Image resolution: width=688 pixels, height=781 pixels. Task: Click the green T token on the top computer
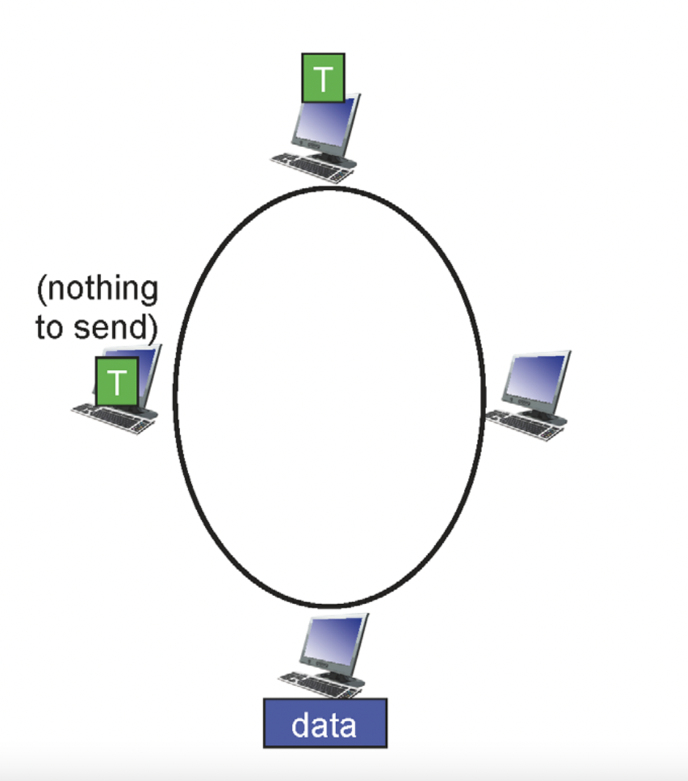[x=323, y=78]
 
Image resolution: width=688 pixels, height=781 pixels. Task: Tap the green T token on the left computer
[x=116, y=381]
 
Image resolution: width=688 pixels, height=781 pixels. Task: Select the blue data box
[x=324, y=722]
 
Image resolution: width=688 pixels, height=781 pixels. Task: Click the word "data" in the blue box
[x=324, y=724]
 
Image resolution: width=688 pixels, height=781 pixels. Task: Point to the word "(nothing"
[x=97, y=290]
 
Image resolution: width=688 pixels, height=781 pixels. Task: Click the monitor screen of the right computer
[x=539, y=377]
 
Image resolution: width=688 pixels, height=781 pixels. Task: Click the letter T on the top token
[x=323, y=78]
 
